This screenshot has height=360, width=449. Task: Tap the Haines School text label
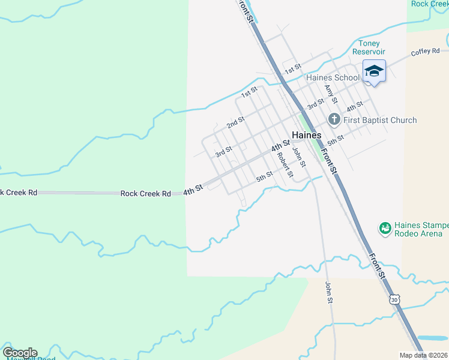333,77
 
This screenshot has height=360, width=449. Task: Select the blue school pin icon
374,71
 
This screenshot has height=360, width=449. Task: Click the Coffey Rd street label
425,52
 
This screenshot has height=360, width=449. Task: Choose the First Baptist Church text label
379,120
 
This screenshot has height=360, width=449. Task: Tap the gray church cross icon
334,120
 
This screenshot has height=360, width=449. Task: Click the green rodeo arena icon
385,229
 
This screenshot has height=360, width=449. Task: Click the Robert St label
285,164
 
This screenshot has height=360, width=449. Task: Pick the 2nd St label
235,122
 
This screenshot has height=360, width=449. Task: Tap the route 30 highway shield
394,299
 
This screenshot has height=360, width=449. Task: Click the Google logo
20,353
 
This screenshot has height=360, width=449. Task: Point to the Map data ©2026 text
423,355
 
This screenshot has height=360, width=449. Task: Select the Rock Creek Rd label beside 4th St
146,193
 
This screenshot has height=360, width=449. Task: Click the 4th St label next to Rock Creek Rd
193,189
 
